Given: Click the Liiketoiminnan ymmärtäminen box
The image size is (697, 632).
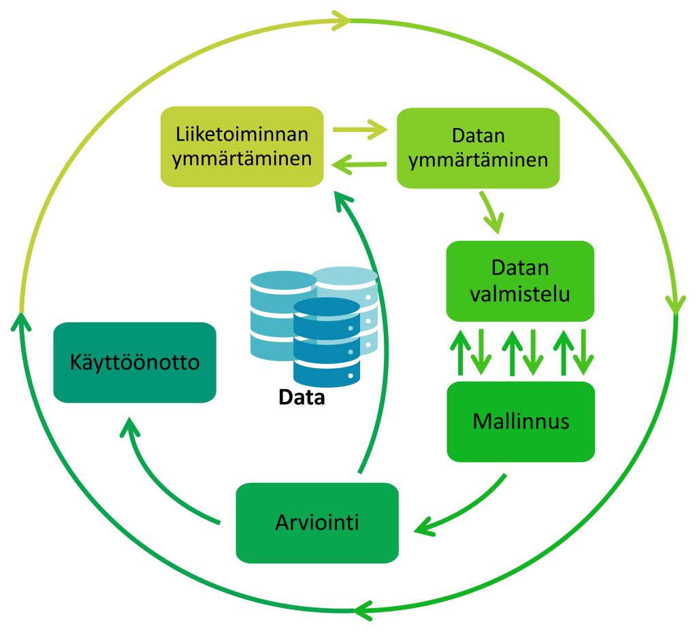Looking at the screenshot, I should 242,147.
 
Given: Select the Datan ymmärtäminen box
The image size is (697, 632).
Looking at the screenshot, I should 479,147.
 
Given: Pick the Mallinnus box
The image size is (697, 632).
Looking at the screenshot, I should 521,422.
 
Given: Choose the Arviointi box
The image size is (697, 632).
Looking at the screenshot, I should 317,523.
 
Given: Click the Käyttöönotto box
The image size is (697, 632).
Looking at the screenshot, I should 135,362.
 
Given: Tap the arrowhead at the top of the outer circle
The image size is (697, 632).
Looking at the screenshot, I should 340,20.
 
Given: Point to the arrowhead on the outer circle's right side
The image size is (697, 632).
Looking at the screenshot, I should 675,303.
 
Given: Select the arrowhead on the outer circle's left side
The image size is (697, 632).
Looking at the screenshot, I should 20,318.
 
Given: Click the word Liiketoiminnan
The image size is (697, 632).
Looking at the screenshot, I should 242,134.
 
